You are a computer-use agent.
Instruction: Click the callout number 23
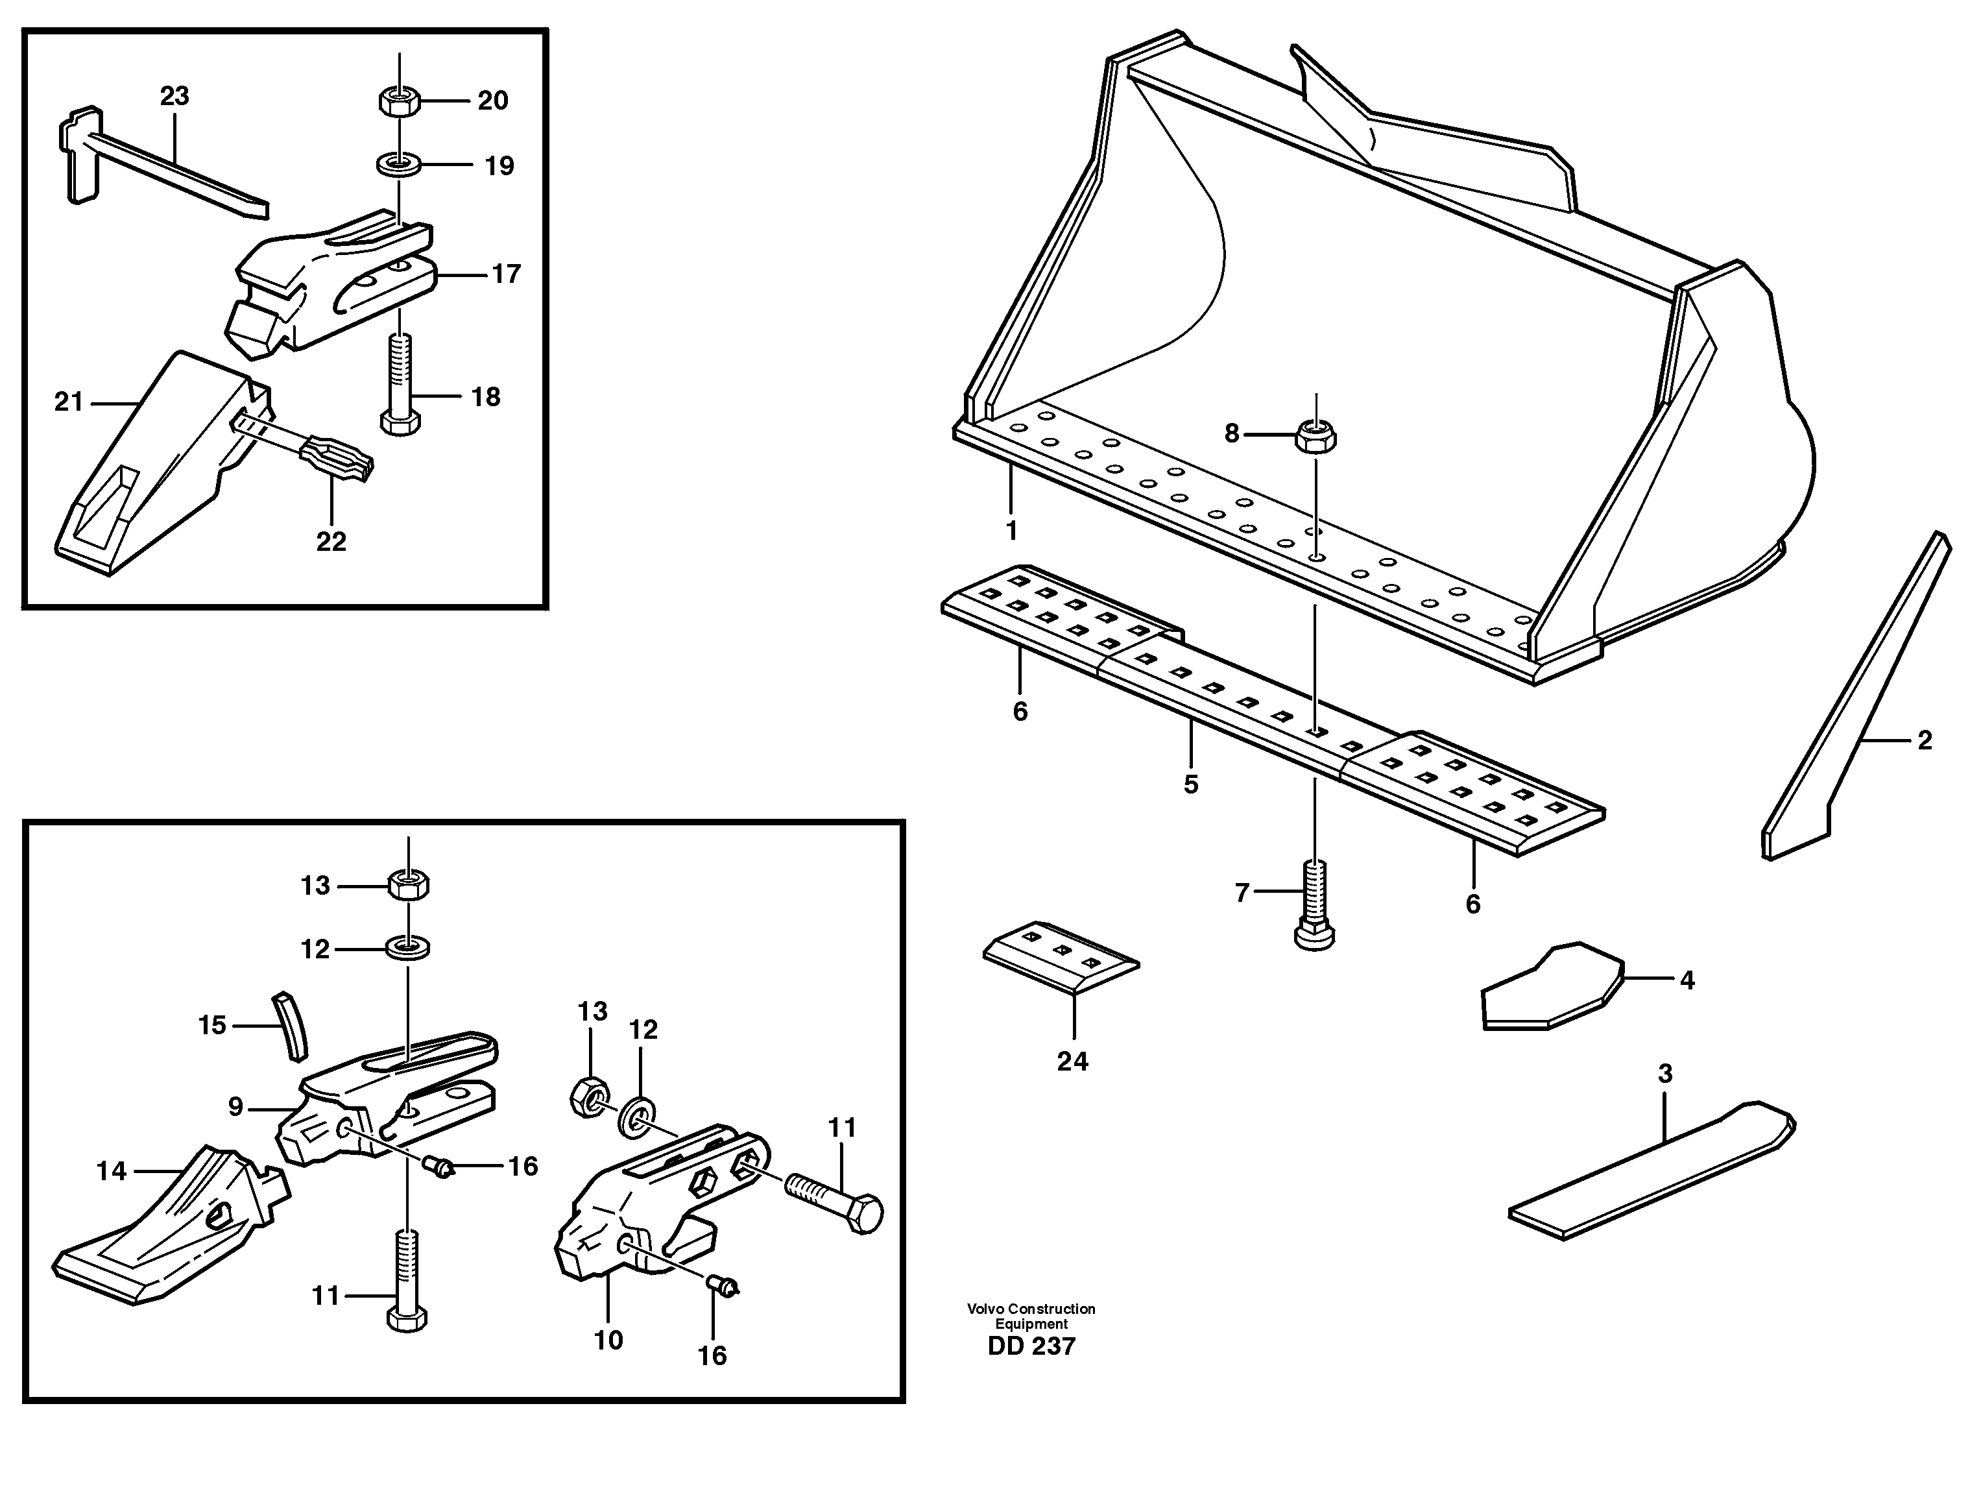174,96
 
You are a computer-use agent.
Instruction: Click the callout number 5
1191,784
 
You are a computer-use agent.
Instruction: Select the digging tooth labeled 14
169,1229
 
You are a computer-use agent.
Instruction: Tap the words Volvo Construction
1031,1309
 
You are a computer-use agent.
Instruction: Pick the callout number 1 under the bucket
1011,531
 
